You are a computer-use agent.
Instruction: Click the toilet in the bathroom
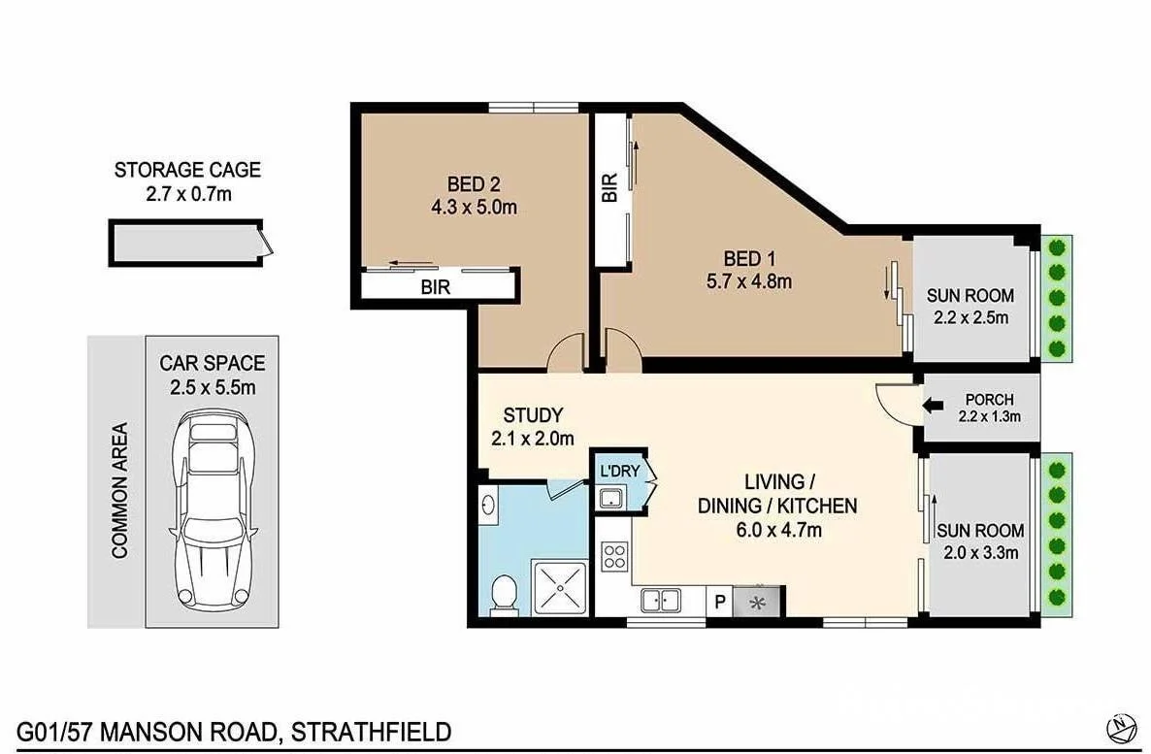(x=503, y=593)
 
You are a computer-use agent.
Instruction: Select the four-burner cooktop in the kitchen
(x=614, y=558)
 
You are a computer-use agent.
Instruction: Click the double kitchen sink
(x=661, y=602)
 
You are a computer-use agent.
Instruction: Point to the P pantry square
(x=719, y=602)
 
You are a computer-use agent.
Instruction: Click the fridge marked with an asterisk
(x=758, y=602)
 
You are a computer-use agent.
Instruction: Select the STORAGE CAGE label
(x=187, y=170)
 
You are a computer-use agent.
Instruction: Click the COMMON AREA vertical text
(x=120, y=490)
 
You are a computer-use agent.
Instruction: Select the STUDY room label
(x=533, y=416)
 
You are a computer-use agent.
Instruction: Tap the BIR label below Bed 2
(x=435, y=287)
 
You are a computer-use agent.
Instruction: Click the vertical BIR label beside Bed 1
(x=609, y=188)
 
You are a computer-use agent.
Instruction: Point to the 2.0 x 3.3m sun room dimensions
(x=979, y=553)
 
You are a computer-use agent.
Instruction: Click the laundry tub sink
(x=609, y=499)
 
